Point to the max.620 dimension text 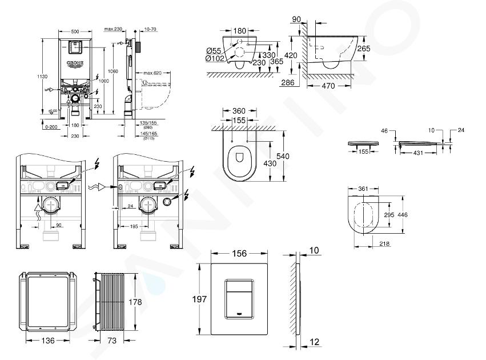[152, 73]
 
